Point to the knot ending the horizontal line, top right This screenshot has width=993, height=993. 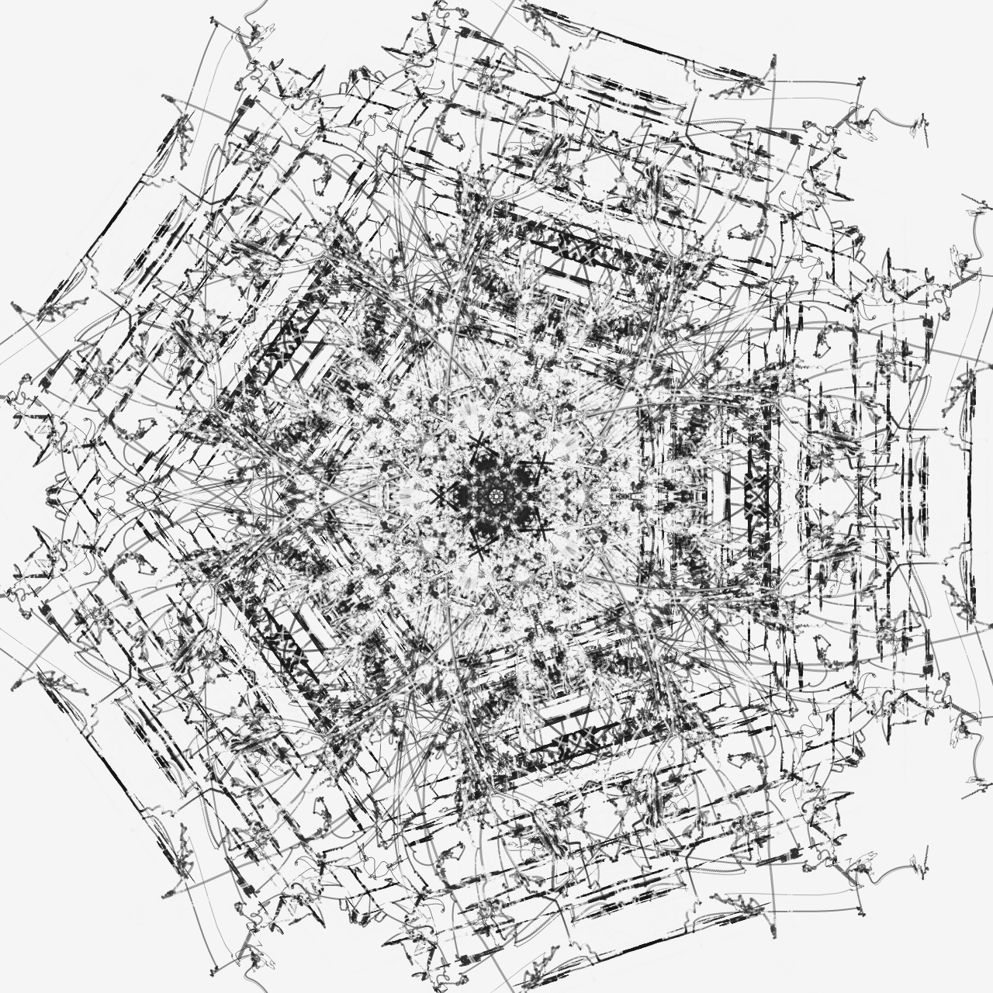click(860, 81)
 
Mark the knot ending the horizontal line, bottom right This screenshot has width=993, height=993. click(860, 911)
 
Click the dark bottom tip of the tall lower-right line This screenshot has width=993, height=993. click(773, 931)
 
